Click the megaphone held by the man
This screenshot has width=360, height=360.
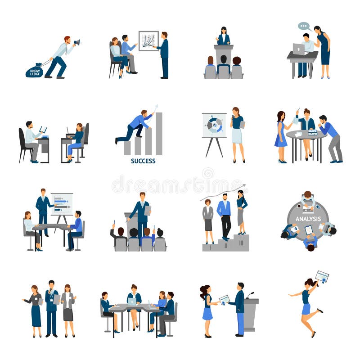coord(76,42)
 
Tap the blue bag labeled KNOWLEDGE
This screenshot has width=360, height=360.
coord(34,71)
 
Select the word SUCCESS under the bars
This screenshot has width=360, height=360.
coord(143,161)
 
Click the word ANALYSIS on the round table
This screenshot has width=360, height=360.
coord(308,219)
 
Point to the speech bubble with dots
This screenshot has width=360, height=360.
coord(304,27)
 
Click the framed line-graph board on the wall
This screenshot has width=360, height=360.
coord(148,40)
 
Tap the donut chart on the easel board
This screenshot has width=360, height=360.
coord(214,125)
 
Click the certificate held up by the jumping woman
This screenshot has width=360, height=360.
coord(322,276)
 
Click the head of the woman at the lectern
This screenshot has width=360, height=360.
coord(223,30)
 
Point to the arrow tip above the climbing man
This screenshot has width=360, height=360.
coord(157,106)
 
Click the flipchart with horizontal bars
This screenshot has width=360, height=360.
coord(62,204)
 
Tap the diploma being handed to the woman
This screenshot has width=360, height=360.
coord(224,299)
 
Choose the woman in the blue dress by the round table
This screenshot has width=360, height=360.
coord(281,135)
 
